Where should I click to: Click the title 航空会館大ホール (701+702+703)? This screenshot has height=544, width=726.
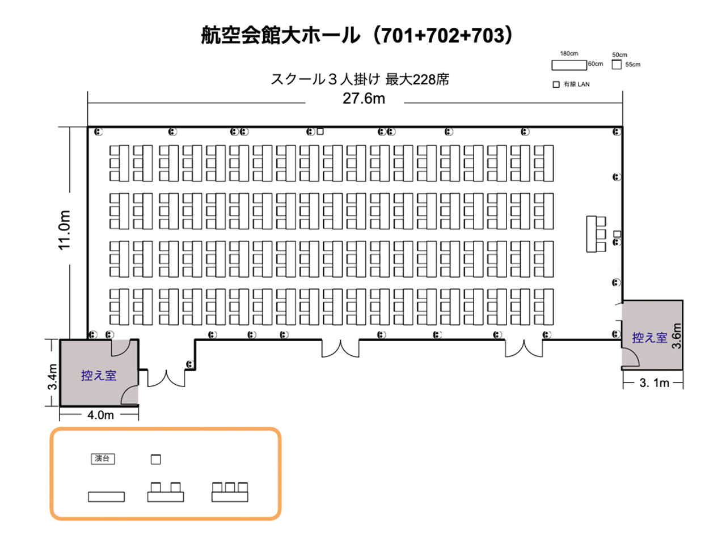[357, 35]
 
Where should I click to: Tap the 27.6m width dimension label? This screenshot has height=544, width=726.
[364, 99]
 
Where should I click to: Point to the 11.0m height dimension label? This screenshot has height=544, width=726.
[65, 230]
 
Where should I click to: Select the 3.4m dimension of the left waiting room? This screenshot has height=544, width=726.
[53, 376]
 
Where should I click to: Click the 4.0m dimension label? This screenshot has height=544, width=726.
[100, 415]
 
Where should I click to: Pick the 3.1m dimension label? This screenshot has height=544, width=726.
[654, 383]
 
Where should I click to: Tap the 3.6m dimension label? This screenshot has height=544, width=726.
[677, 336]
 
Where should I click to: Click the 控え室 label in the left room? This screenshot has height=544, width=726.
[99, 376]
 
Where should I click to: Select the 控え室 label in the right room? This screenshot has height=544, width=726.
[649, 338]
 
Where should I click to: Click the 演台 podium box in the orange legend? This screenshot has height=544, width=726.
[103, 459]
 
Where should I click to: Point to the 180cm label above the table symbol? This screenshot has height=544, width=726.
[569, 53]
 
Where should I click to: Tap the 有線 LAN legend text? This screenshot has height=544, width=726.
[576, 84]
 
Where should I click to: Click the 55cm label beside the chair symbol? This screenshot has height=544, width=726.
[633, 65]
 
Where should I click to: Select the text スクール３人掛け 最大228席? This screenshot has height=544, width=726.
[360, 79]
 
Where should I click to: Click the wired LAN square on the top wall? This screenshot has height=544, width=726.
[320, 131]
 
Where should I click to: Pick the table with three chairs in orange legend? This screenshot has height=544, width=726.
[230, 492]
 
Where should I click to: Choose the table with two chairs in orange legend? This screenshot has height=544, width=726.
[166, 492]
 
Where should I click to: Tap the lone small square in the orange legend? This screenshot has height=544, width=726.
[156, 460]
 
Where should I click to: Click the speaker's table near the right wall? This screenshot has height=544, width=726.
[596, 234]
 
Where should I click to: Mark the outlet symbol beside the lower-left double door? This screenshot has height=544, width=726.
[190, 364]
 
